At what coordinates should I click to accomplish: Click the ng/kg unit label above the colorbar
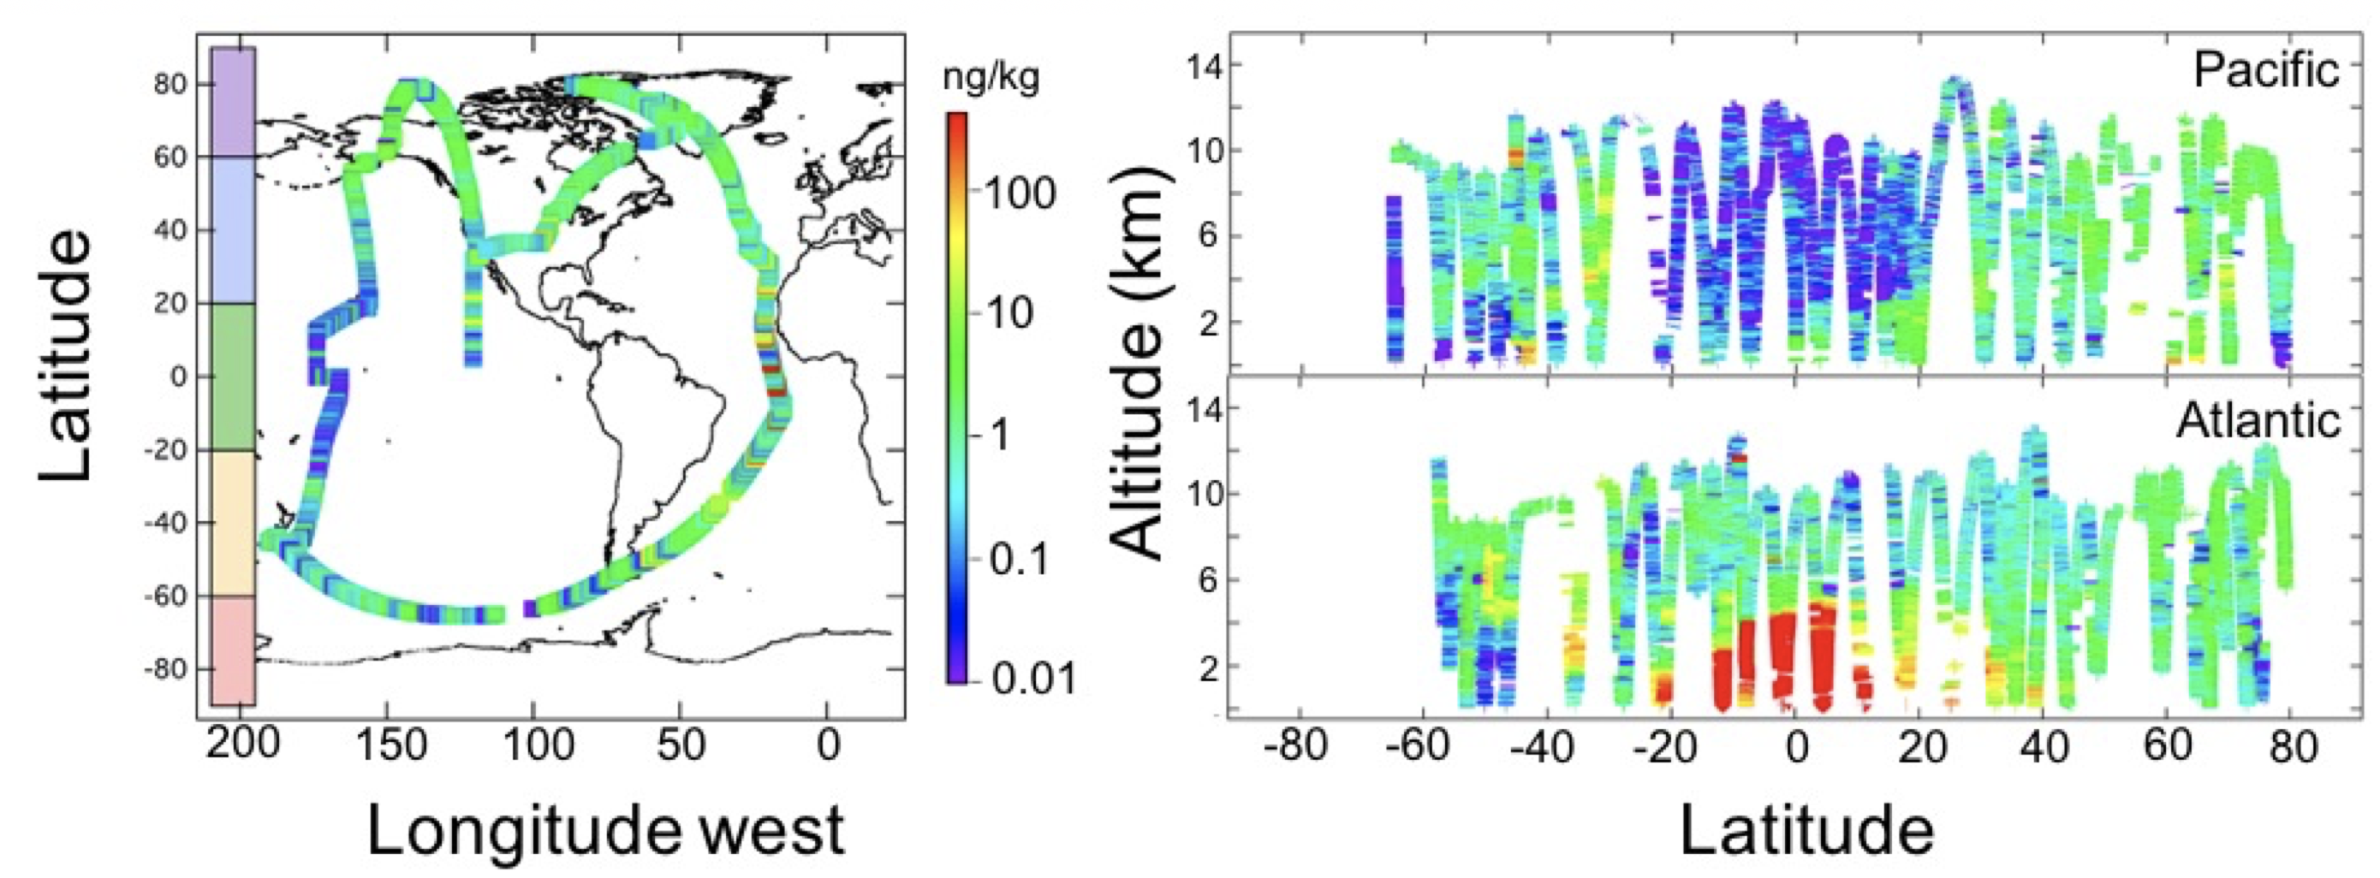991,79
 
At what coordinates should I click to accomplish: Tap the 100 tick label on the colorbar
1018,194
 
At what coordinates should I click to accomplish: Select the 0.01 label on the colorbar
1034,679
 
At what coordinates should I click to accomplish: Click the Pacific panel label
2266,70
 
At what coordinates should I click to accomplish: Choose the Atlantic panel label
2258,422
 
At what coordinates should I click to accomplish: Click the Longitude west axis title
606,831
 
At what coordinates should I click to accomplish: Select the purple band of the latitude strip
233,102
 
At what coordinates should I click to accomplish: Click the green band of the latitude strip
233,377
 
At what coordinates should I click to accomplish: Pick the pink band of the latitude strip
233,650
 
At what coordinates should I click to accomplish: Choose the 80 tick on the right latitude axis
2290,746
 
